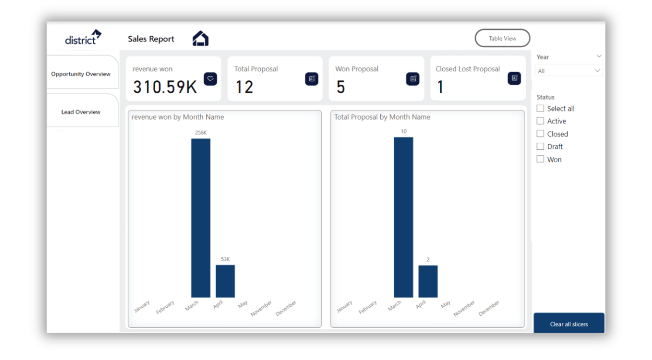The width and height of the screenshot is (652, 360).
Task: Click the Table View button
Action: tap(502, 38)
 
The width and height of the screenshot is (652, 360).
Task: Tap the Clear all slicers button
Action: tap(569, 324)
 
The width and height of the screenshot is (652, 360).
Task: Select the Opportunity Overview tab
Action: tap(81, 74)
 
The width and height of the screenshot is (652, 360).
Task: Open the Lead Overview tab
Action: tap(81, 112)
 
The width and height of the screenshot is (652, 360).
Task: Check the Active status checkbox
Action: tap(540, 121)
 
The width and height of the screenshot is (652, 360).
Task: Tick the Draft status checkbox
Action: tap(540, 146)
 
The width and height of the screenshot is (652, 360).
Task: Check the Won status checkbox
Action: tap(540, 159)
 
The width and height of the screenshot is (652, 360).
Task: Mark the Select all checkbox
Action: tap(540, 109)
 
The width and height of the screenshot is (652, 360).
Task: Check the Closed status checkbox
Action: tap(540, 134)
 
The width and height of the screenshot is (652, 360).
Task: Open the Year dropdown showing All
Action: tap(569, 71)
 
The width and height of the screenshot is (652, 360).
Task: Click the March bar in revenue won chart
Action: tap(201, 218)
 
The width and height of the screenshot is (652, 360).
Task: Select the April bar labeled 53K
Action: tap(225, 281)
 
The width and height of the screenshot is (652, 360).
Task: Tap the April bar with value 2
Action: tap(428, 281)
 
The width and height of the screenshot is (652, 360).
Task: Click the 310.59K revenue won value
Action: tap(165, 87)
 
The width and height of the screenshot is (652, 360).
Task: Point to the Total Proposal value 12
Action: tap(244, 87)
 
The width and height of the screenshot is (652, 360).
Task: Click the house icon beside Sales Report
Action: tap(200, 38)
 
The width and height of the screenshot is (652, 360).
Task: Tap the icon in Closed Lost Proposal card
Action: tap(514, 78)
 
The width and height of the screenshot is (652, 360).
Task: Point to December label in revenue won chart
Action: tap(287, 308)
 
